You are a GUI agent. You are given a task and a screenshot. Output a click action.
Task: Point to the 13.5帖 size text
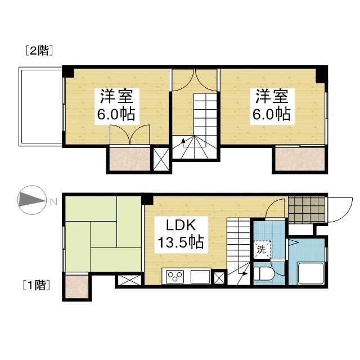(x=180, y=243)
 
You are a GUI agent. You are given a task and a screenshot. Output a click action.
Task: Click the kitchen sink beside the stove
(x=200, y=277)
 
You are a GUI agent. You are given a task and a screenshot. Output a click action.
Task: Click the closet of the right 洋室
(x=300, y=160)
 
